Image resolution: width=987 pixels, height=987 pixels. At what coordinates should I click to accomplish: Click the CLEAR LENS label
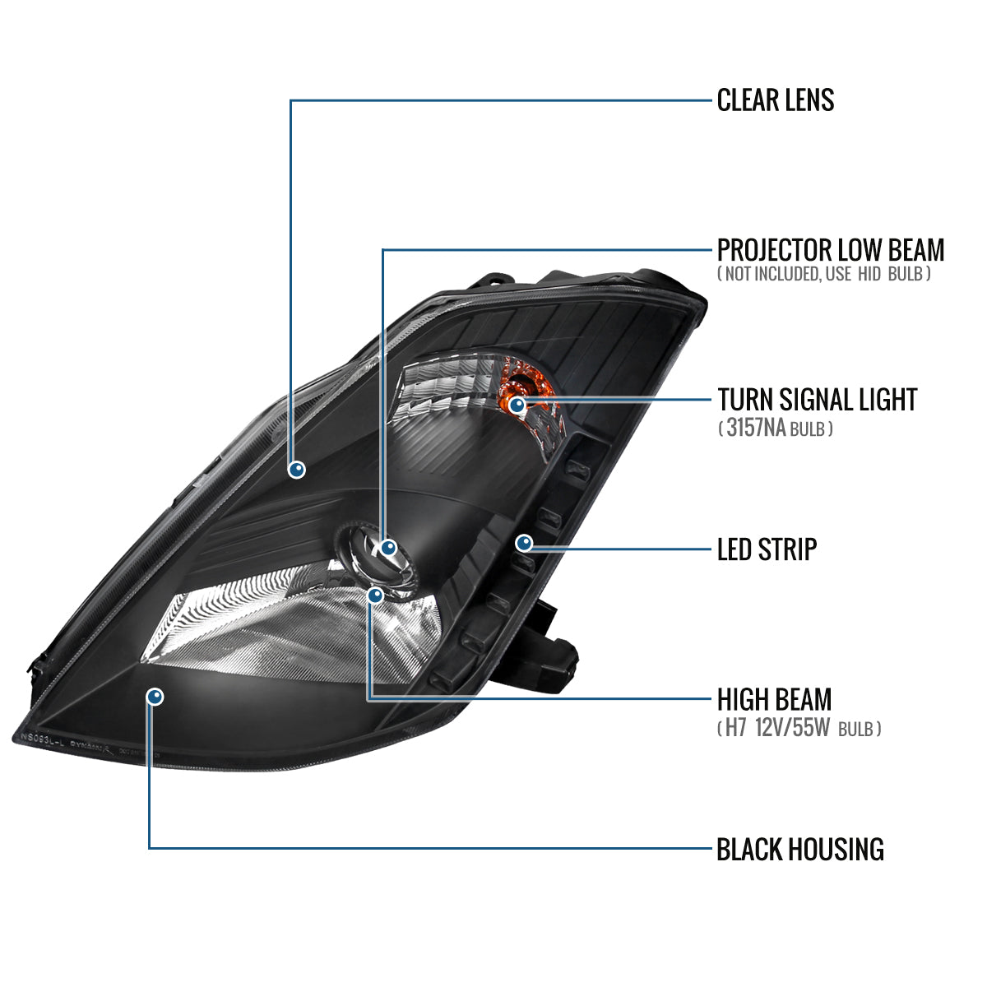pyautogui.click(x=775, y=100)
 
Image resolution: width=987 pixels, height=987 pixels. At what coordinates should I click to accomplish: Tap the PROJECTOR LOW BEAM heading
pyautogui.click(x=830, y=249)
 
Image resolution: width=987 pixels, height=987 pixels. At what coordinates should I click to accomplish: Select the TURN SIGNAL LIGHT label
pyautogui.click(x=817, y=400)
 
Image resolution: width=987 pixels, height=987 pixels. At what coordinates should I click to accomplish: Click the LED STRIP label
pyautogui.click(x=767, y=549)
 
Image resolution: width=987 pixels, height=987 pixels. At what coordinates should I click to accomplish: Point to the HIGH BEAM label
pyautogui.click(x=774, y=700)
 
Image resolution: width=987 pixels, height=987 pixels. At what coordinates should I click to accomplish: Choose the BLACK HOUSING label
pyautogui.click(x=799, y=849)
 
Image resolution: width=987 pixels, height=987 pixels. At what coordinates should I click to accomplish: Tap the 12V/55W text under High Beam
pyautogui.click(x=794, y=729)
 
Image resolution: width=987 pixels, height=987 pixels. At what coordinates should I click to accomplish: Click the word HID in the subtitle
pyautogui.click(x=869, y=274)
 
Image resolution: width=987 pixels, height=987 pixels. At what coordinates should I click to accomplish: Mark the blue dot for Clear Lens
pyautogui.click(x=297, y=470)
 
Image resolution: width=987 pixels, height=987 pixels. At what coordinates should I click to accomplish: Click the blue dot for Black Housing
pyautogui.click(x=155, y=697)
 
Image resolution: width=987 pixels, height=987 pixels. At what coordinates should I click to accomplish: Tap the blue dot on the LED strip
pyautogui.click(x=524, y=543)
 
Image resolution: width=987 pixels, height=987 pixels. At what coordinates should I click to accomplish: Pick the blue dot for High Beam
pyautogui.click(x=376, y=595)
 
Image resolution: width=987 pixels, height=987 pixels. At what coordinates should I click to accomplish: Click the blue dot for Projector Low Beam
pyautogui.click(x=388, y=547)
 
